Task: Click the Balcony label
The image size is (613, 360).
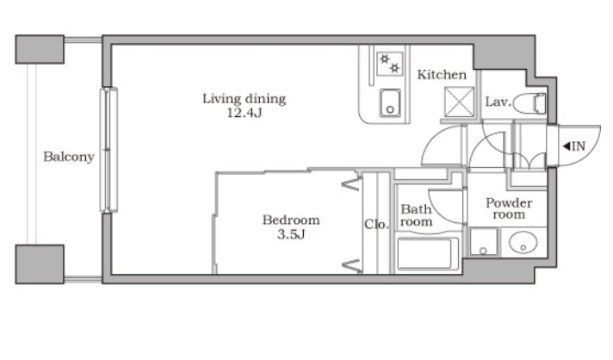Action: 69,157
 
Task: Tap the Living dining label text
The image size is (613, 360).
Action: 244,98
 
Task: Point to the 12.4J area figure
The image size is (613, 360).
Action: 245,113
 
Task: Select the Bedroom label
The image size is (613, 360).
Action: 291,220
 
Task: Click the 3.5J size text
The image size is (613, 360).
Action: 291,234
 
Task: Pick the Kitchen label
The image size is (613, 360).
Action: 442,75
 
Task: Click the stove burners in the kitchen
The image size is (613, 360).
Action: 390,64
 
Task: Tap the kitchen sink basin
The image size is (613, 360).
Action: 390,102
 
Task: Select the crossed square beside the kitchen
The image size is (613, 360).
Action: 459,102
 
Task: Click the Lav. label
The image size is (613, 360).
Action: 498,102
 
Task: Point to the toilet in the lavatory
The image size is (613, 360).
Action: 529,103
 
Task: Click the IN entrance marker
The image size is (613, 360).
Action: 574,146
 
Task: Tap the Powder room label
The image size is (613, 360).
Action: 509,208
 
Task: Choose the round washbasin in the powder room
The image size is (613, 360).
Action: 523,242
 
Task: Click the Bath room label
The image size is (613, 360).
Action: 416,215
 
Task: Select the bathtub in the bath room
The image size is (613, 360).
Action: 428,254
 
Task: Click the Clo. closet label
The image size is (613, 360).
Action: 376,225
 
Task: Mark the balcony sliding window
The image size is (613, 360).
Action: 108,150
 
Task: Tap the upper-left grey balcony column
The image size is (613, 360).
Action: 40,49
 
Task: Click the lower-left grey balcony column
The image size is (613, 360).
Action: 40,264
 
